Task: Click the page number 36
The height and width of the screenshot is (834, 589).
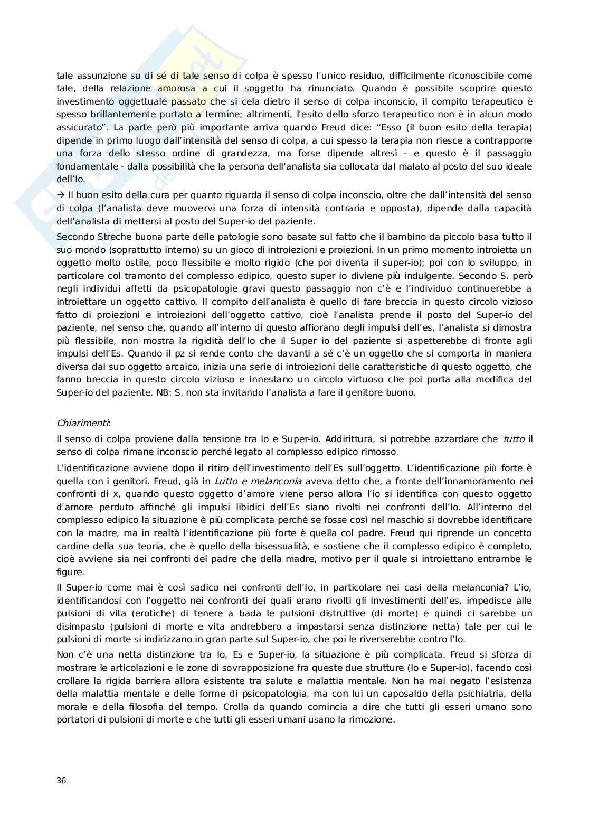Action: (61, 781)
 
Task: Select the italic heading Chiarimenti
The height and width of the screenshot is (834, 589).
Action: (83, 423)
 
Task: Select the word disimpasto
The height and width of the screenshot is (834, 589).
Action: (78, 626)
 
